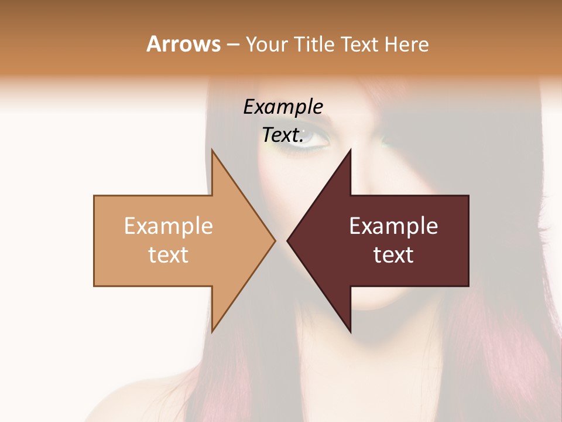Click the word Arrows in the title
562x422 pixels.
183,44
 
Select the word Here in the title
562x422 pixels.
406,44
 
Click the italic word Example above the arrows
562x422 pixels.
283,107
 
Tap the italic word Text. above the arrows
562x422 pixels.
283,135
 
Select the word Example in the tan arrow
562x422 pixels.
168,226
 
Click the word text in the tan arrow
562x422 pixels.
168,254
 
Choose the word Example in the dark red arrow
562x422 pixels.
393,226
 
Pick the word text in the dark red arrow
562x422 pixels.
393,254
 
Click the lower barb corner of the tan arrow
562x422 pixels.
212,331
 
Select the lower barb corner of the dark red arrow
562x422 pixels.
350,331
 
